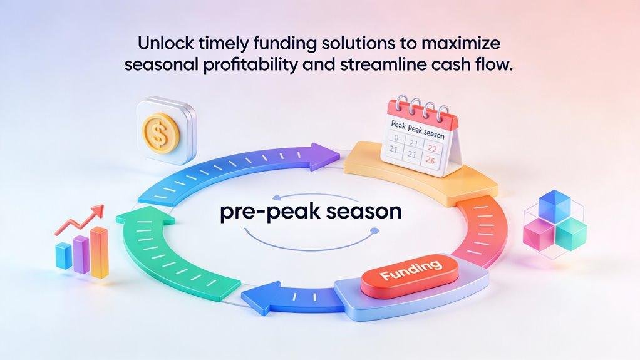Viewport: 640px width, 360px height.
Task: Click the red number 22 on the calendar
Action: pos(433,147)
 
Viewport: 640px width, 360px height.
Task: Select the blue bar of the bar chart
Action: pos(63,255)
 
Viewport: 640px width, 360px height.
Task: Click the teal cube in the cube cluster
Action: pos(570,234)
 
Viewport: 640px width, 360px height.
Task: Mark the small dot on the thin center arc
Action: pos(374,231)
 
